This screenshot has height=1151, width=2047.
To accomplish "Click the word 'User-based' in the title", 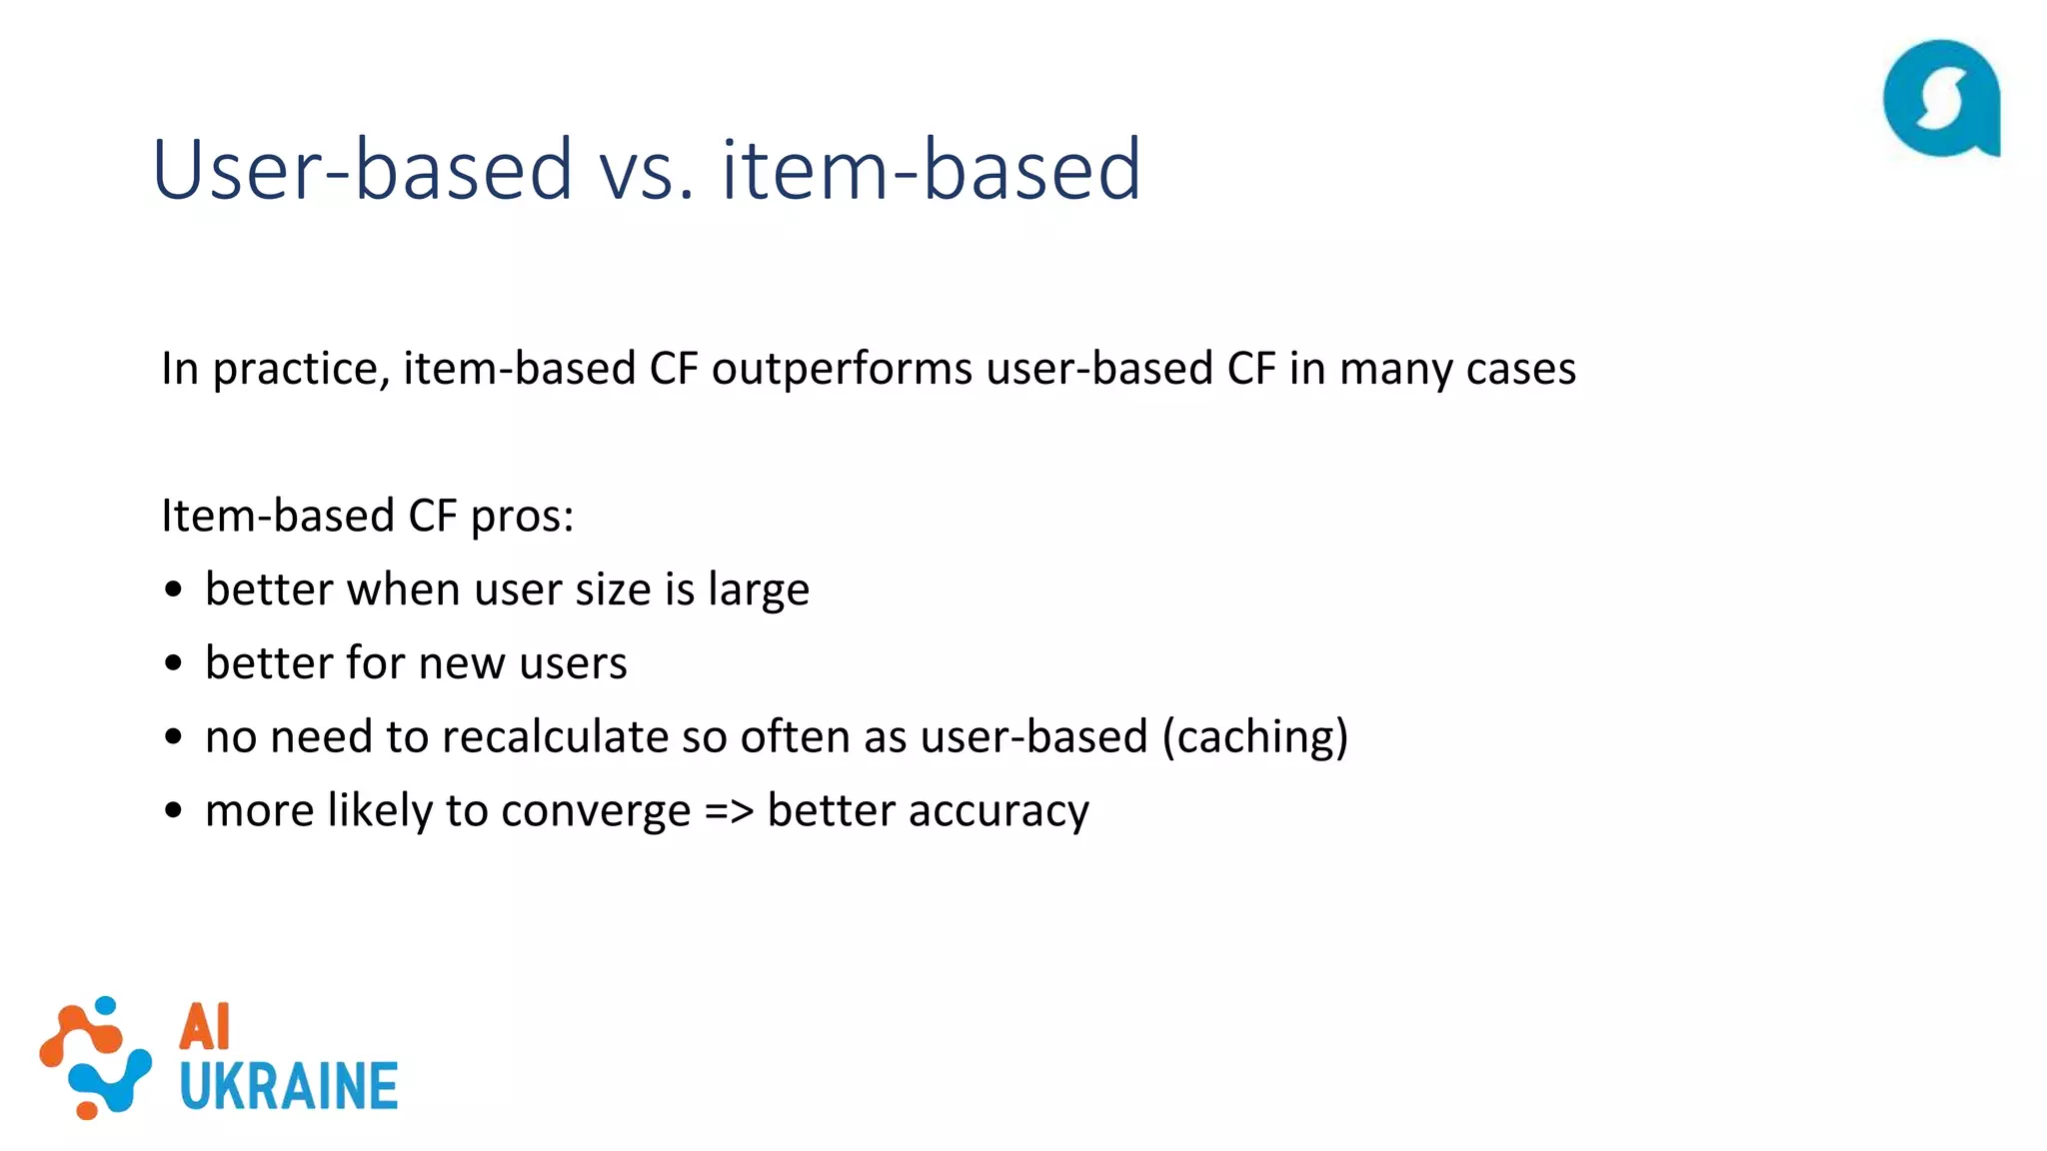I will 362,170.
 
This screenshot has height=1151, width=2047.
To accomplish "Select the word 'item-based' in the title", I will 931,170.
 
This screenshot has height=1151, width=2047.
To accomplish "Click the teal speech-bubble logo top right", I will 1941,99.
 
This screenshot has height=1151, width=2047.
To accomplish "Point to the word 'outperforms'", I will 841,369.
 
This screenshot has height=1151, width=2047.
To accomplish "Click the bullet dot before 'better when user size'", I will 174,590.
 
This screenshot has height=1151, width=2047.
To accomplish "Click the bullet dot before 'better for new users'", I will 174,663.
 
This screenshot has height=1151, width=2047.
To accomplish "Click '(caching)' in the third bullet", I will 1254,737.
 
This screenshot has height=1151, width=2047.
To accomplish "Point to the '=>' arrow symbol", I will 728,810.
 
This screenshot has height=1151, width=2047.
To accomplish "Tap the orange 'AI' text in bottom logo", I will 205,1027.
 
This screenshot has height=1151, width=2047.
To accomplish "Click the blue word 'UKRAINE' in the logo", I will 289,1087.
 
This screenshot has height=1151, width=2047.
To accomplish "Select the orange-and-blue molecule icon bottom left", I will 95,1057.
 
